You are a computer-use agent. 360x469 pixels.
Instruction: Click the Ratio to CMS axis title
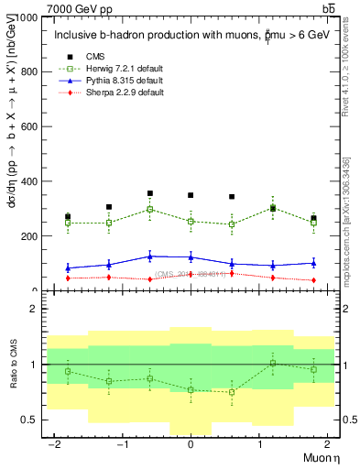point(12,364)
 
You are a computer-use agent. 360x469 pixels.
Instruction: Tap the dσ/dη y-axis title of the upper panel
point(12,153)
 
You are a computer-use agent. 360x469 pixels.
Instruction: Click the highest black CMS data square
point(149,193)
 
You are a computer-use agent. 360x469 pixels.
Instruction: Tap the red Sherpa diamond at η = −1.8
point(68,278)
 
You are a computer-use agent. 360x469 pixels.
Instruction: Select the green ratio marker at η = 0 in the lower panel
point(191,390)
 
